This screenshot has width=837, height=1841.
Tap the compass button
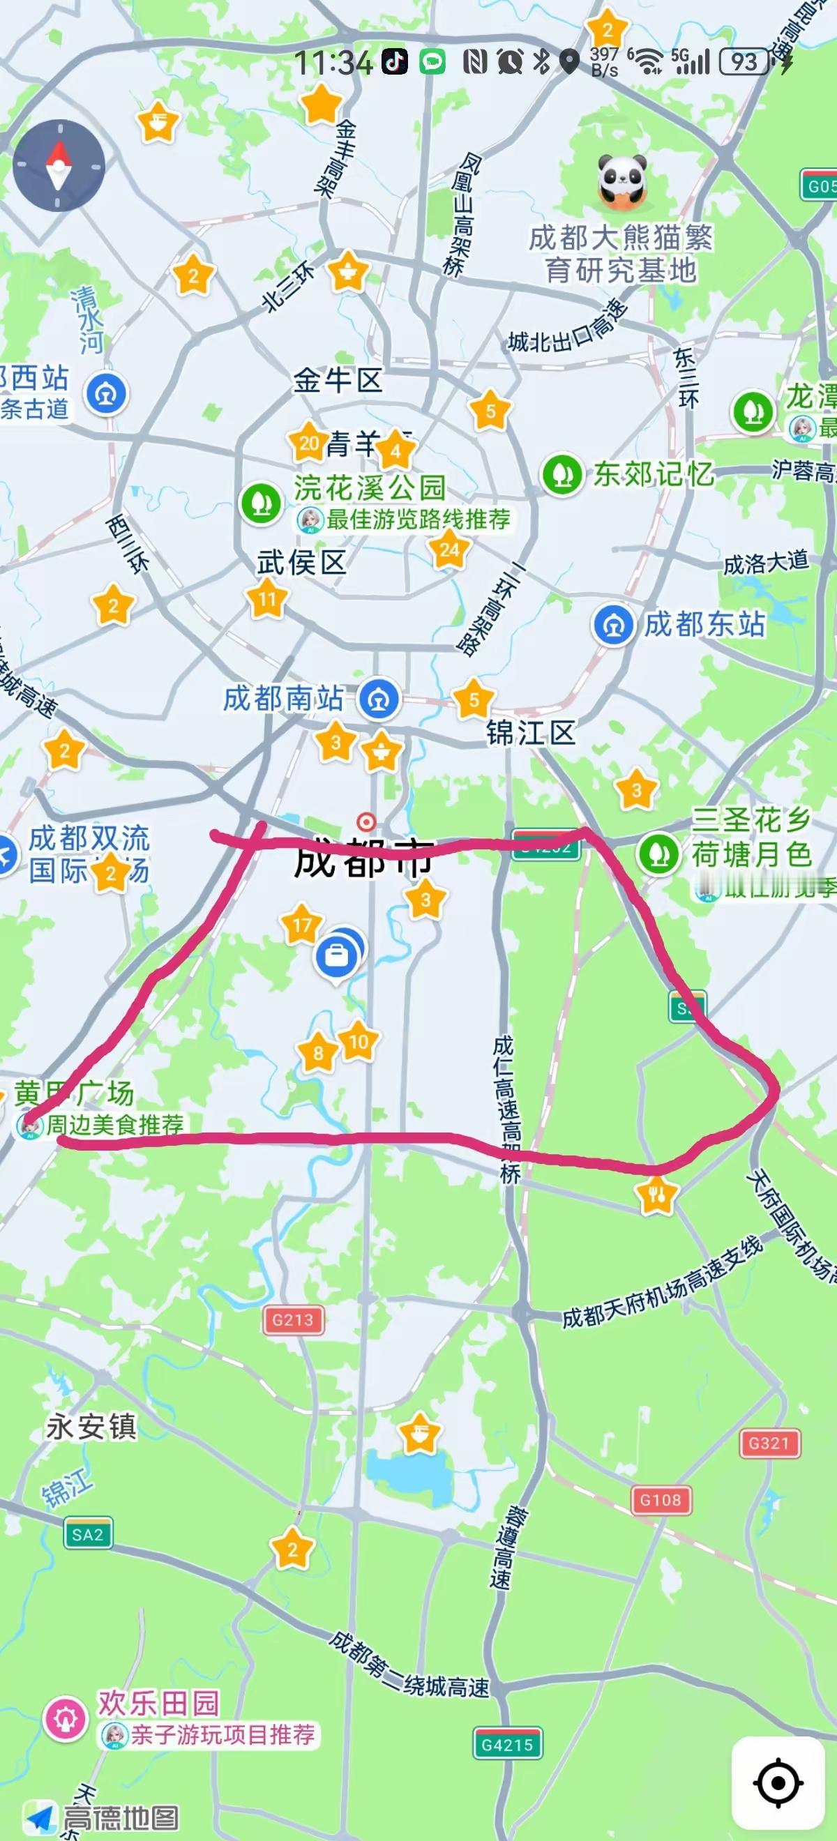point(59,166)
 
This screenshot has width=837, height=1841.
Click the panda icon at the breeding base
point(622,181)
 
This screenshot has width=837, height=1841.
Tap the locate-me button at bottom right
point(777,1783)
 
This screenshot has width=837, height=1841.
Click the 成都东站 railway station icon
point(613,625)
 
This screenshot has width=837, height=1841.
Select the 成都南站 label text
point(284,698)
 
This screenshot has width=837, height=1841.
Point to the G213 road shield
point(293,1319)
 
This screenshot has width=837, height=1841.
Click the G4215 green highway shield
point(507,1745)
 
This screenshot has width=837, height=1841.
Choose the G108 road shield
point(661,1499)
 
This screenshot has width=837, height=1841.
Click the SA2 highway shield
point(88,1534)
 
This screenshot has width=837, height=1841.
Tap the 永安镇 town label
point(91,1427)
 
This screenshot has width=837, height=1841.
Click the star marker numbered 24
point(449,550)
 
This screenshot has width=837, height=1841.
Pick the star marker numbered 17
point(301,925)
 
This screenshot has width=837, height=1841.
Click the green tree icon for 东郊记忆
point(561,473)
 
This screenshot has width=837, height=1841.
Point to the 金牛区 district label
point(338,380)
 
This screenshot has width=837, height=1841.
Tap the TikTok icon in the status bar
point(394,62)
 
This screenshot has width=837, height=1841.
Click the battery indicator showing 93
point(744,62)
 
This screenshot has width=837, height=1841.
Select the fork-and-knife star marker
point(656,1192)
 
